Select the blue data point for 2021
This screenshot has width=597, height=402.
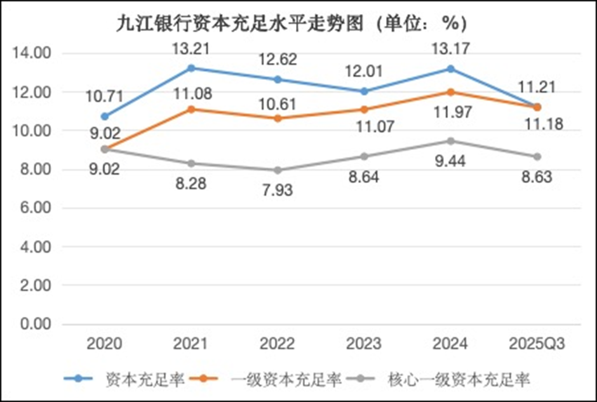tap(191, 68)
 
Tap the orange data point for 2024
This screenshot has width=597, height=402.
tap(450, 92)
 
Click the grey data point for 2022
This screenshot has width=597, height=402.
tap(278, 170)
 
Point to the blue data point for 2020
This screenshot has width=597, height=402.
tap(105, 116)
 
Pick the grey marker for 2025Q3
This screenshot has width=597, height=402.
tap(537, 156)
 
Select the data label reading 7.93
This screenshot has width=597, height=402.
tap(278, 190)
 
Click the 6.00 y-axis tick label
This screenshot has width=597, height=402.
tap(36, 208)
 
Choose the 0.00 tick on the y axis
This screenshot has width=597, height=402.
tap(36, 325)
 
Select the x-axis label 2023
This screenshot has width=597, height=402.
tap(364, 344)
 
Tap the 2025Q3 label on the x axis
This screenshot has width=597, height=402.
tap(537, 344)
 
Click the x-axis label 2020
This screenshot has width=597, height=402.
tap(105, 344)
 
